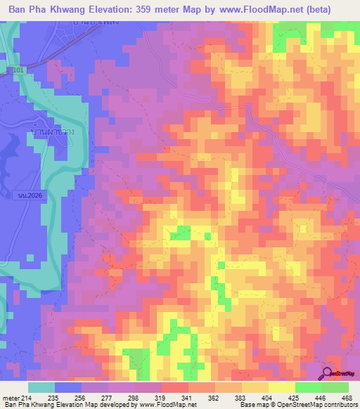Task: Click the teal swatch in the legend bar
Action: pyautogui.click(x=41, y=387)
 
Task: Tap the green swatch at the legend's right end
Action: pyautogui.click(x=335, y=387)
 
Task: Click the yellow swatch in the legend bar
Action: pyautogui.click(x=281, y=387)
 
